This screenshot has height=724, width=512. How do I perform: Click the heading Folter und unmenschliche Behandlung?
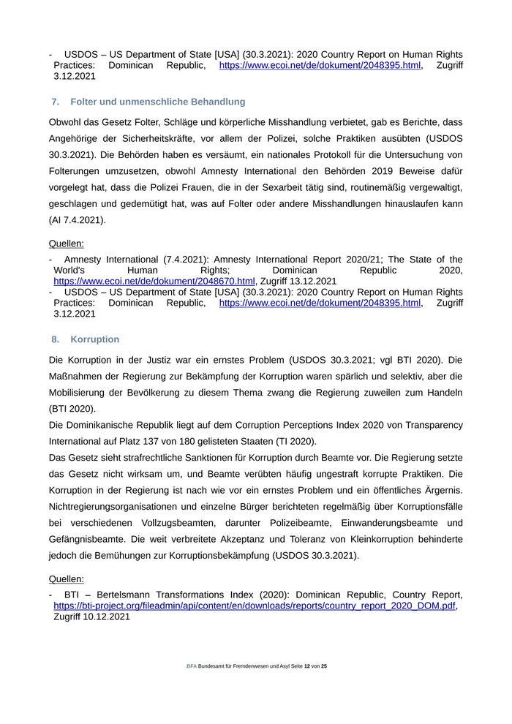pos(158,102)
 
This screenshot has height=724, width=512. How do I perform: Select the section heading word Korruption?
pos(95,339)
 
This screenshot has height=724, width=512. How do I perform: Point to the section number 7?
pos(56,102)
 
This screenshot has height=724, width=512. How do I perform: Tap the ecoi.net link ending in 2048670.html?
pos(154,281)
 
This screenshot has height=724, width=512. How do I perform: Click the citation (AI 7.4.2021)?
pos(78,219)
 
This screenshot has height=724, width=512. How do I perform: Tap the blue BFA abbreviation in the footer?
pos(192,666)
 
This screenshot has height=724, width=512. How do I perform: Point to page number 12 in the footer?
pos(307,666)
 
